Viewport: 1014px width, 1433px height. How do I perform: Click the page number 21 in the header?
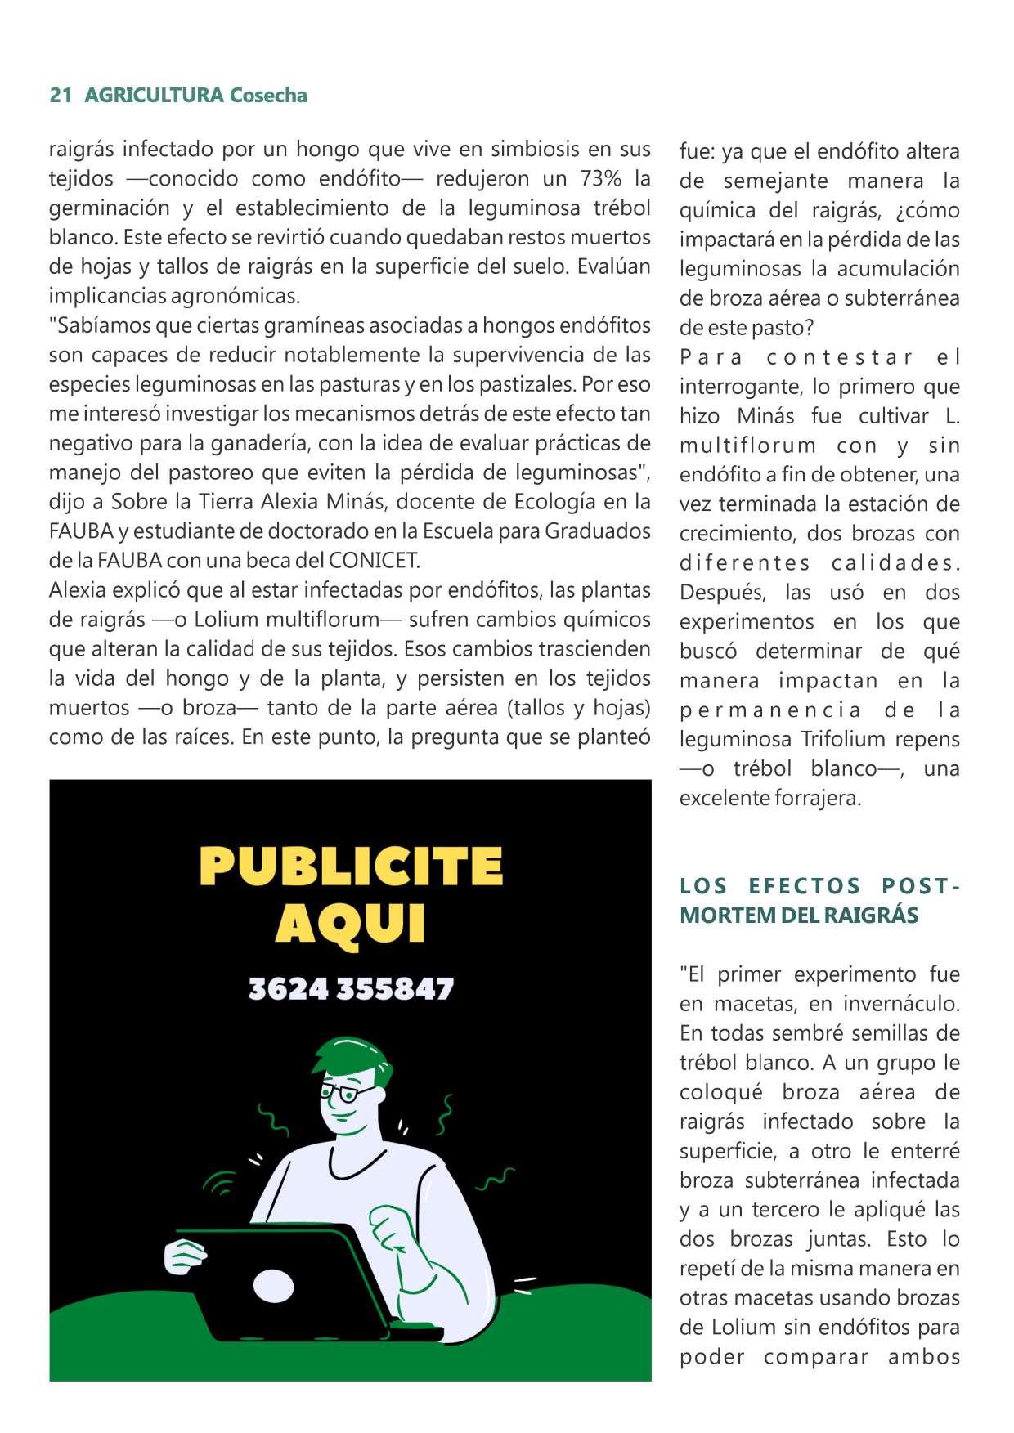(x=60, y=96)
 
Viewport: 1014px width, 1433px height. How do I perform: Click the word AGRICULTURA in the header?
(x=154, y=96)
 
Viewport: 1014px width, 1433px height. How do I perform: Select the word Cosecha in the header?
(x=268, y=96)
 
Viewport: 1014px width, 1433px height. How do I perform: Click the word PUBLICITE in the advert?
(x=351, y=867)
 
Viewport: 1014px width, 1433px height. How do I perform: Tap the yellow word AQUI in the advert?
(x=351, y=925)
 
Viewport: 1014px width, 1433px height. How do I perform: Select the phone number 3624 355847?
(x=351, y=989)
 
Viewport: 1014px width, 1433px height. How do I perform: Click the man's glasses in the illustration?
(x=347, y=1092)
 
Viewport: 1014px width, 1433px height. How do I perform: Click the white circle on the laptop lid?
(x=273, y=1286)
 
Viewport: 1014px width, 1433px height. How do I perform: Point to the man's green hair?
(x=348, y=1055)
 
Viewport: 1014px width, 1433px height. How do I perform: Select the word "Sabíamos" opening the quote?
(x=99, y=325)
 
